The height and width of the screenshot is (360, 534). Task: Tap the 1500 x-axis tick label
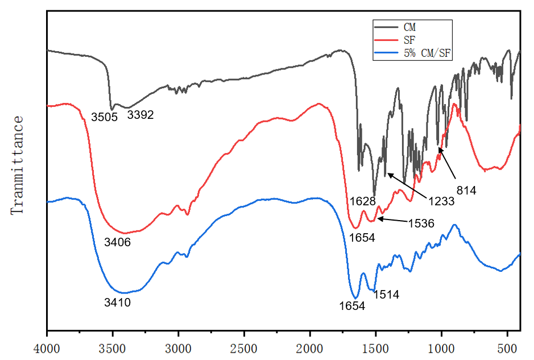pyautogui.click(x=375, y=347)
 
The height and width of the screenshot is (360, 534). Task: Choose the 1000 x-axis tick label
pyautogui.click(x=441, y=347)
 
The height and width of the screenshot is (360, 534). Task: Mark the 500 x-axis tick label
pyautogui.click(x=507, y=347)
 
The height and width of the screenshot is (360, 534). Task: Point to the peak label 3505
pyautogui.click(x=104, y=117)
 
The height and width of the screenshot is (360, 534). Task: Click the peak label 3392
pyautogui.click(x=140, y=115)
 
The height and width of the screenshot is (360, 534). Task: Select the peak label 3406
pyautogui.click(x=118, y=242)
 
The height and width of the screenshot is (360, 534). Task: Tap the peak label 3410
pyautogui.click(x=118, y=303)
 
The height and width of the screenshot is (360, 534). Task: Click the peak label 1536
pyautogui.click(x=421, y=224)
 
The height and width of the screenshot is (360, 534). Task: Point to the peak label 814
pyautogui.click(x=466, y=191)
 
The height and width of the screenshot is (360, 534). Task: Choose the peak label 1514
pyautogui.click(x=386, y=295)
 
